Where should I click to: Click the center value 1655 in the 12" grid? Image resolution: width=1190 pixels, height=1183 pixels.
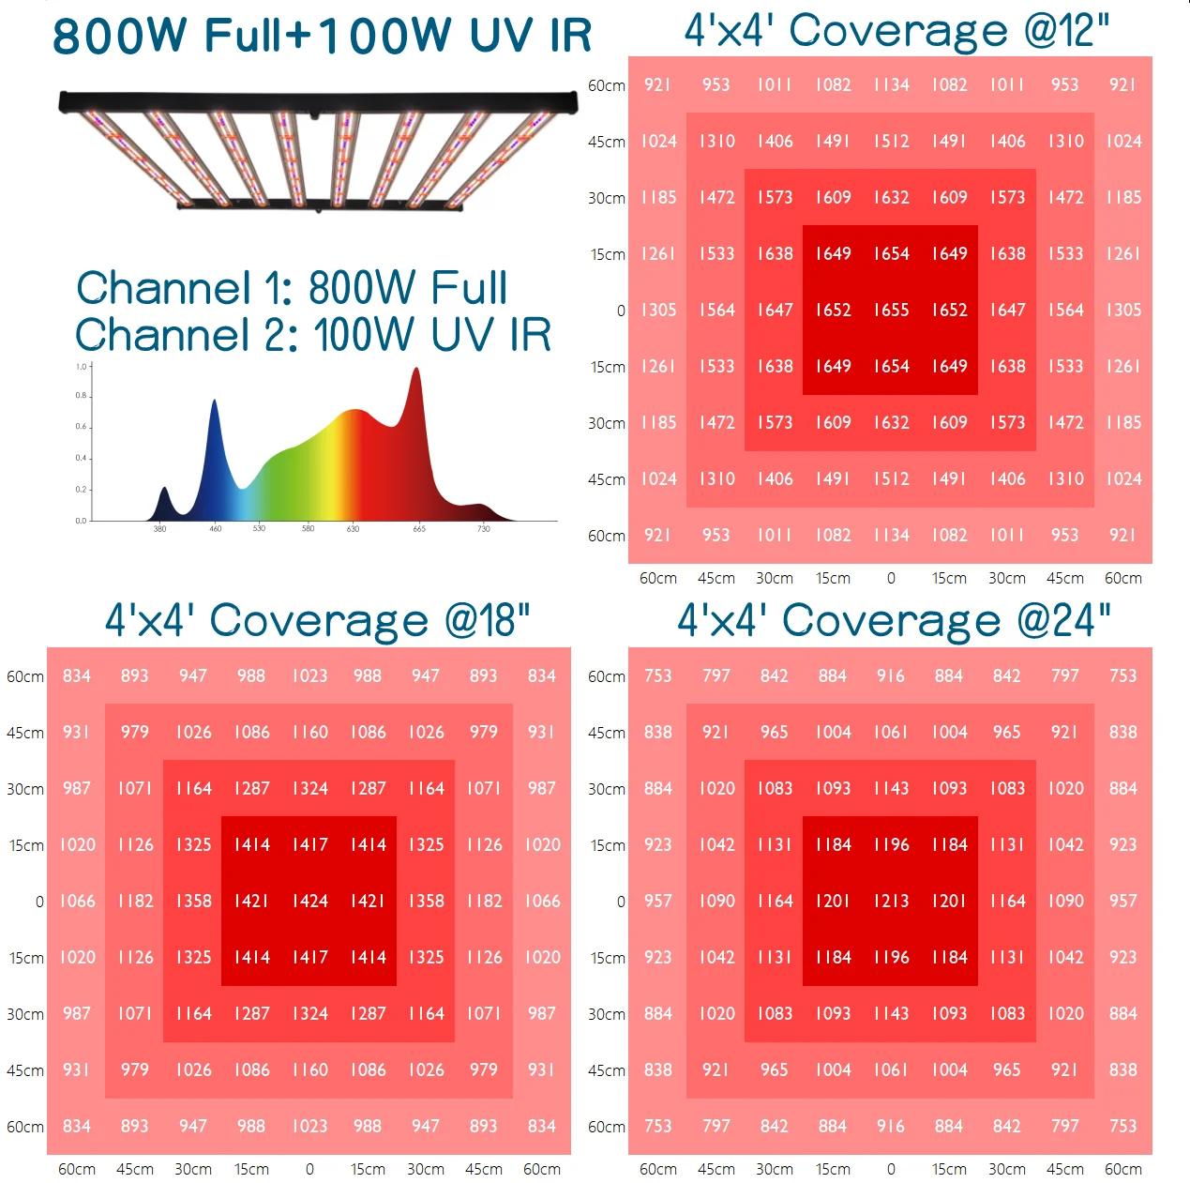point(891,310)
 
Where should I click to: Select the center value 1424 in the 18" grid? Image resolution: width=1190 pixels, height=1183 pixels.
point(309,901)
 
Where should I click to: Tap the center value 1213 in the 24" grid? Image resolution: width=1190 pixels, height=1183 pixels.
point(891,901)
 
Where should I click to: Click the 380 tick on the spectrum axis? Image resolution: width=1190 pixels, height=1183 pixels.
point(160,529)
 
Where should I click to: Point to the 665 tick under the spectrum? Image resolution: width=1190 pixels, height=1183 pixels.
point(419,529)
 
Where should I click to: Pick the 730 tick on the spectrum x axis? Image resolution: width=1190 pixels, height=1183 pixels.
point(484,529)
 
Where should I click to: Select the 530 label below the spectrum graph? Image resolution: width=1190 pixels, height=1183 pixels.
point(260,529)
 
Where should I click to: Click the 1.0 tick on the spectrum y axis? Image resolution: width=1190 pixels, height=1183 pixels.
point(82,367)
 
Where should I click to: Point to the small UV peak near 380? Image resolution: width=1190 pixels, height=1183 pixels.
point(164,491)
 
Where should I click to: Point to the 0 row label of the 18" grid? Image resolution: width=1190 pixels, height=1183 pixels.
point(39,902)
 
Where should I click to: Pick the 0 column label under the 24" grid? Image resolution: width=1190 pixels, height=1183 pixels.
point(891,1169)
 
